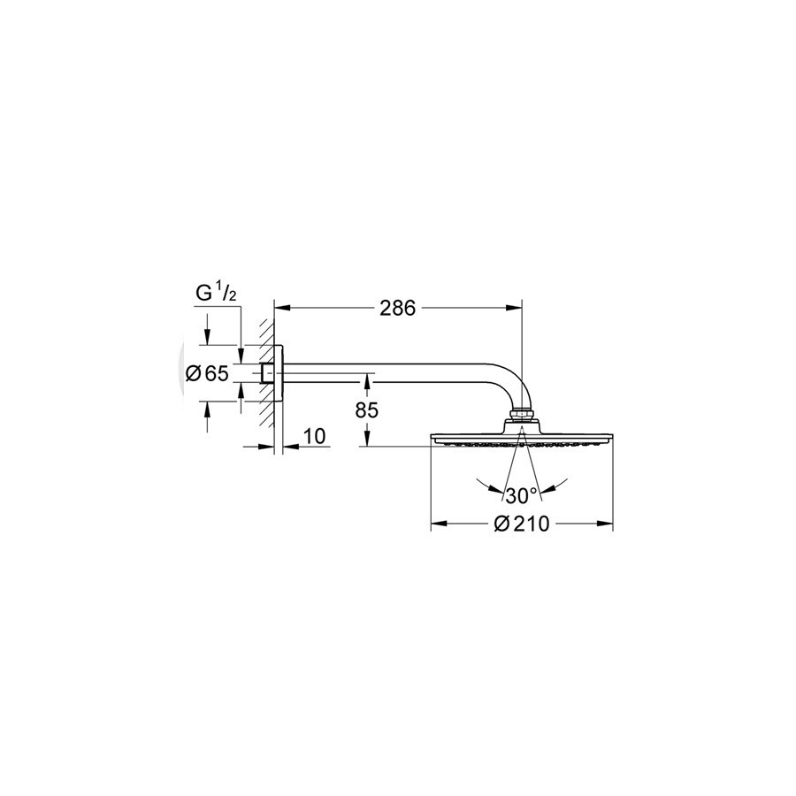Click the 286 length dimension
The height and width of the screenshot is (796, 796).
(397, 308)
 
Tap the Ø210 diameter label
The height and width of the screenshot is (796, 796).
(521, 524)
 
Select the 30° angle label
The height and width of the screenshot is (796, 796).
(521, 496)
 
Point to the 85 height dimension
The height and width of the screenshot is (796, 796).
(366, 410)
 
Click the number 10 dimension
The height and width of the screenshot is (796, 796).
(315, 435)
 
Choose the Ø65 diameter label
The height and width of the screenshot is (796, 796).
(207, 374)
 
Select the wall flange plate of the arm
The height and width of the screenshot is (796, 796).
(279, 373)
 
